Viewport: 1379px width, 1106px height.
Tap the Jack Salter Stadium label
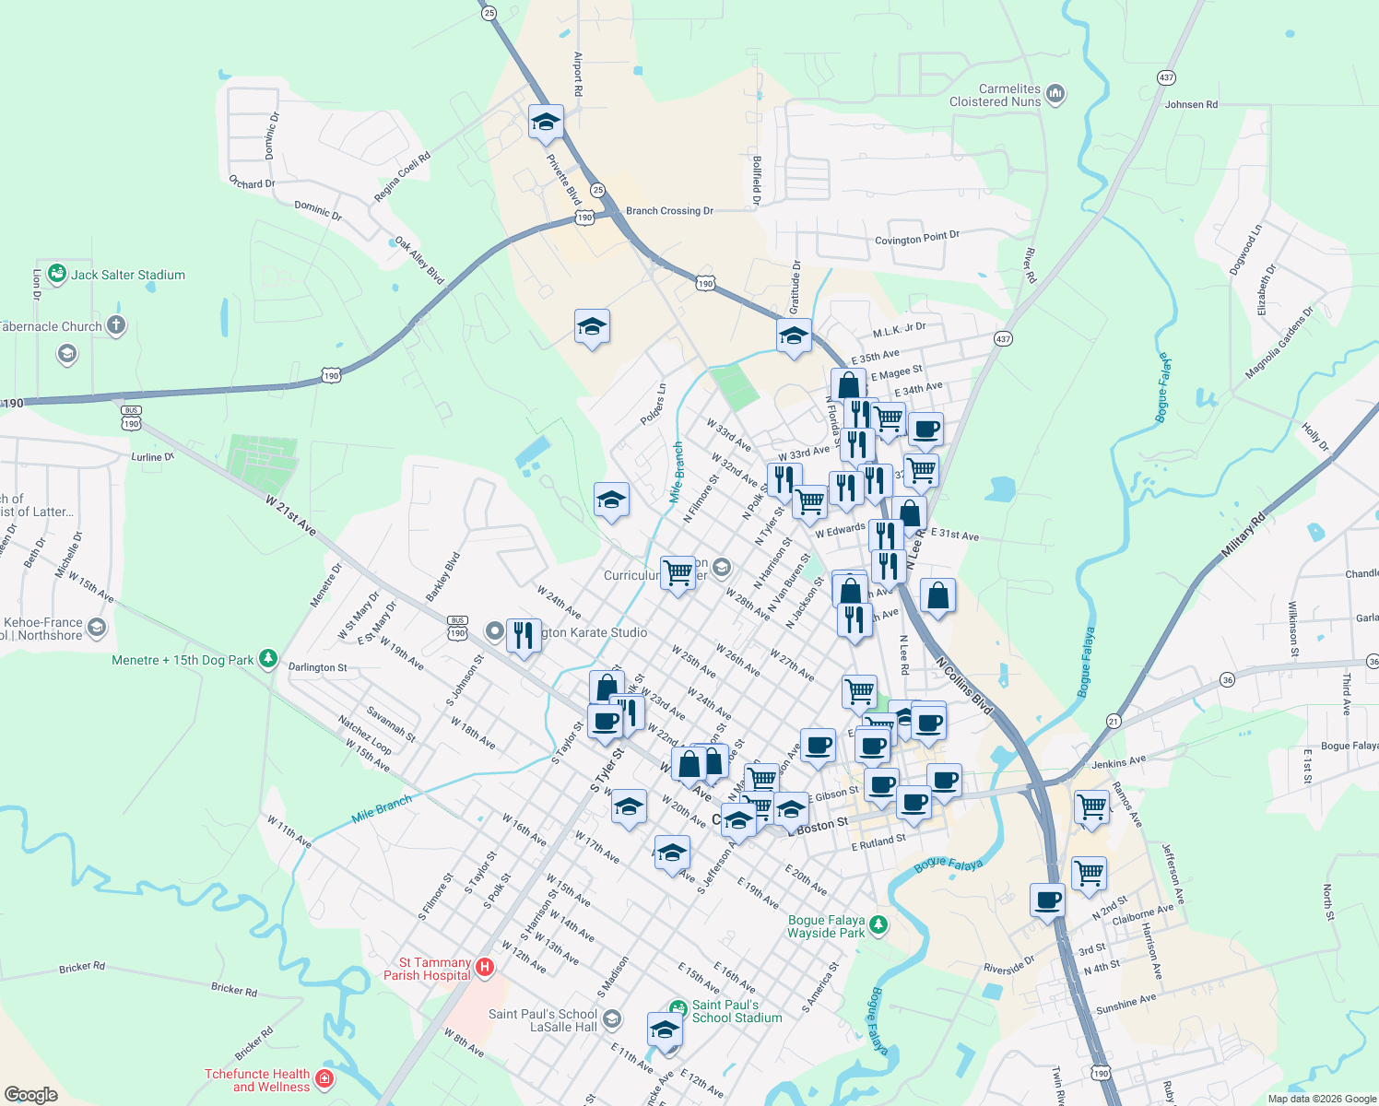click(x=128, y=275)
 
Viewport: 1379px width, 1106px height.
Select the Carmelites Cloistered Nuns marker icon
click(x=1056, y=94)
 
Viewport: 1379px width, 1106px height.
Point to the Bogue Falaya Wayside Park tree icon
click(x=878, y=925)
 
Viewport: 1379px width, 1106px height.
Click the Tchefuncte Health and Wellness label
click(x=257, y=1080)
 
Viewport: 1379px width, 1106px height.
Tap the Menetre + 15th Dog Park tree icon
click(x=268, y=659)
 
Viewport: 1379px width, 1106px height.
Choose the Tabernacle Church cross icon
click(x=116, y=324)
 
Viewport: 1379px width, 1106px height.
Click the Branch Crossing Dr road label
click(x=669, y=211)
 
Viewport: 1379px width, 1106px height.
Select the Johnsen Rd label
click(x=1191, y=104)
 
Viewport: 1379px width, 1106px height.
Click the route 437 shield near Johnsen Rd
click(x=1166, y=77)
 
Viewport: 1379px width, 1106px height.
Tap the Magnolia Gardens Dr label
click(x=1279, y=343)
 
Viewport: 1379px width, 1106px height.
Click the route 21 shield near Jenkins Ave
click(x=1114, y=721)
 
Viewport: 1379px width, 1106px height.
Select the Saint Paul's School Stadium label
click(x=737, y=1011)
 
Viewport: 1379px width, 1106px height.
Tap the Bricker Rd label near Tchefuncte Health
click(x=253, y=1043)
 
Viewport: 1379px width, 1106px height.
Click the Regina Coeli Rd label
click(x=402, y=177)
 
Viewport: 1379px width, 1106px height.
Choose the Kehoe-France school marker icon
click(x=97, y=628)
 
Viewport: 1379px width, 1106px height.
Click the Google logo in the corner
click(x=30, y=1094)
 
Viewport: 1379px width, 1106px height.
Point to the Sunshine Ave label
click(x=1126, y=1004)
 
